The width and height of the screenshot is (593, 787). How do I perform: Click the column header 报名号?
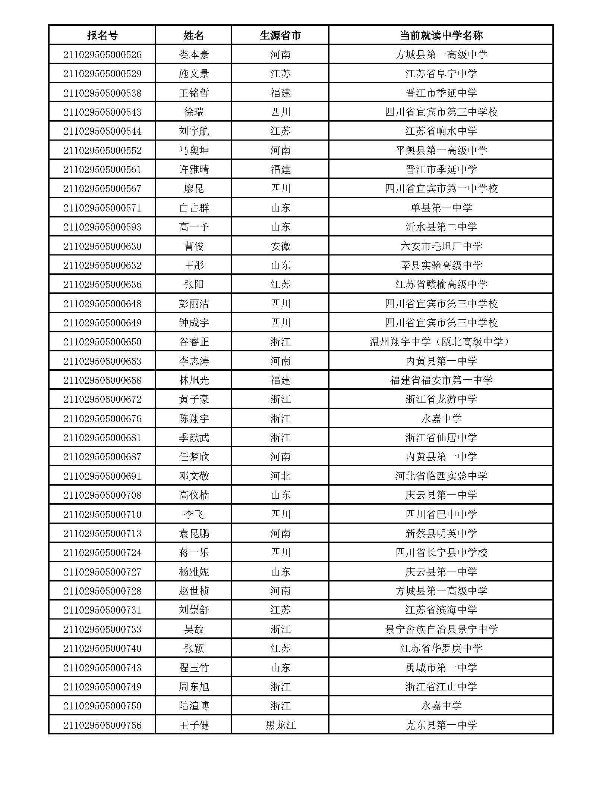coord(102,35)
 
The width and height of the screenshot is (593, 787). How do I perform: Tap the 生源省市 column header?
coord(280,35)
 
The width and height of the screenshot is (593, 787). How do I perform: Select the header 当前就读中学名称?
coord(441,35)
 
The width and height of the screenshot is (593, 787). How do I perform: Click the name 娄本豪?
coord(194,54)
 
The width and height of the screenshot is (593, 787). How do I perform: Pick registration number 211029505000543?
coord(102,112)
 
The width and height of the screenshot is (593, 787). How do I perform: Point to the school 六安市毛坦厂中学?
coord(441,246)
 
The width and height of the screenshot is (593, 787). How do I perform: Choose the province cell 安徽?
coord(280,246)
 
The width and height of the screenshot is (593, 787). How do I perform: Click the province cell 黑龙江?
coord(280,725)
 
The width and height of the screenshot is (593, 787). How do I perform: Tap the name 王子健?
coord(194,725)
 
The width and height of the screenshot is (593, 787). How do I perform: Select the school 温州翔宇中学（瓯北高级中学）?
coord(441,342)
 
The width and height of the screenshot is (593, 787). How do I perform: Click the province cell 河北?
coord(280,476)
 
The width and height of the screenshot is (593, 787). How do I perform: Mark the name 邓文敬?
coord(194,476)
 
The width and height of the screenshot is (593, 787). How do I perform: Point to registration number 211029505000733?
coord(102,629)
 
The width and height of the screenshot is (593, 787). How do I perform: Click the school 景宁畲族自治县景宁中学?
coord(441,629)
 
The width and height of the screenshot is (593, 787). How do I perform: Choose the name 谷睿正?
coord(194,342)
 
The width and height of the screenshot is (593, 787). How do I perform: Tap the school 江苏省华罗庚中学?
coord(441,648)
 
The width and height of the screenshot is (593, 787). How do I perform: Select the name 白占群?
coord(194,208)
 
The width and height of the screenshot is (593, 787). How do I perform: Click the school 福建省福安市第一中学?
coord(441,380)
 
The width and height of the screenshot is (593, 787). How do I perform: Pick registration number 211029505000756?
coord(102,725)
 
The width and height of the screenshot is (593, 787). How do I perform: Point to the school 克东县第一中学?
coord(441,725)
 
